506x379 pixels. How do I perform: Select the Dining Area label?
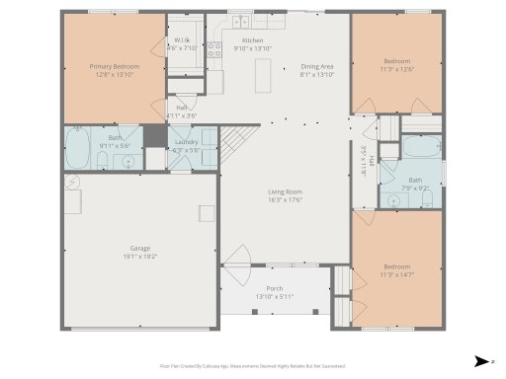coord(317,67)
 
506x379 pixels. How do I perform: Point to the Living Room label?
coord(285,191)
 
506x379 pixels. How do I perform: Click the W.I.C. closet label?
coord(182,40)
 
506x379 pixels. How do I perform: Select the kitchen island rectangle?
coord(264,73)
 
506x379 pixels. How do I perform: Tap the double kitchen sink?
coord(240,20)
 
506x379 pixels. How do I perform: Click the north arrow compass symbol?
coord(480,359)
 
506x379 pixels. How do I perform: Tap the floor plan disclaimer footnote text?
coord(253,364)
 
